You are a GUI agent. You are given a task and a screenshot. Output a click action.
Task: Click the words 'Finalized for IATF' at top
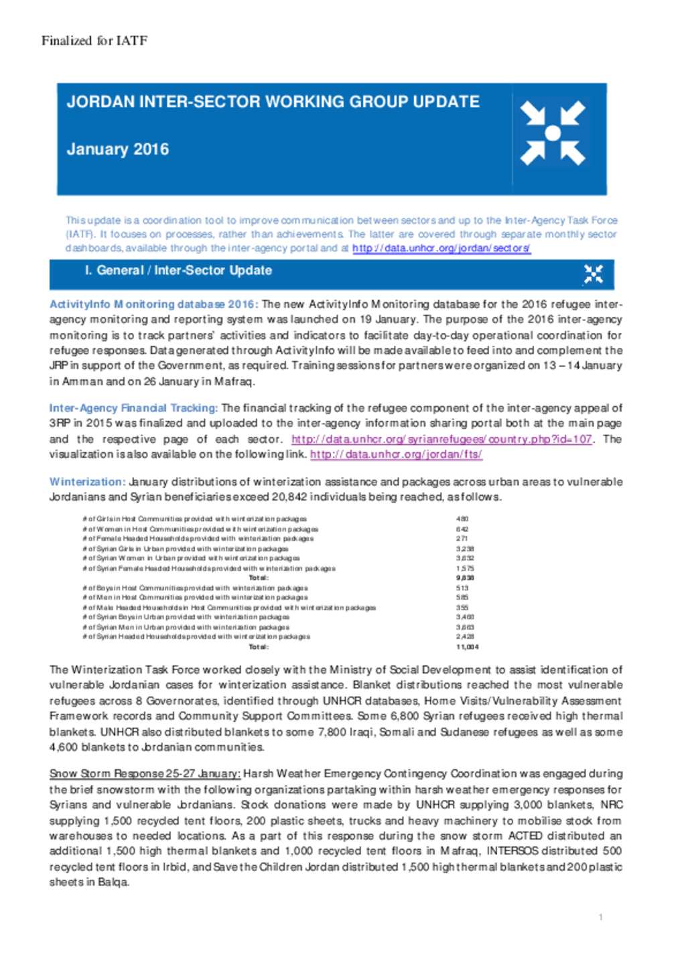click(x=94, y=41)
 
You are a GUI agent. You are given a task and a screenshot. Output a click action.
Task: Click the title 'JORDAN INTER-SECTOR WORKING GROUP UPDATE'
click(x=273, y=102)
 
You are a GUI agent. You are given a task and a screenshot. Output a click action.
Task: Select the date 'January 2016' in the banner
click(x=118, y=149)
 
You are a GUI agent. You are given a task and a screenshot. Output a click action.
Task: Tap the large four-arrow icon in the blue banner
click(x=553, y=133)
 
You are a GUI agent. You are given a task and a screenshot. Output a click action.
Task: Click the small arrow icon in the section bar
click(x=593, y=274)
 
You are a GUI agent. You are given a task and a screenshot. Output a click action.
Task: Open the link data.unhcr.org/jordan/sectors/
click(x=441, y=249)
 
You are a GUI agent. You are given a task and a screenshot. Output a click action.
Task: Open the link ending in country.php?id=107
click(x=441, y=440)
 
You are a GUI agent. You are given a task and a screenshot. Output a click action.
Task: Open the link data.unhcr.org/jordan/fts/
click(x=396, y=454)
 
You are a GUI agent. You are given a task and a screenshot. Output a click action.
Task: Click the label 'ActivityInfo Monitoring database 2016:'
click(x=153, y=304)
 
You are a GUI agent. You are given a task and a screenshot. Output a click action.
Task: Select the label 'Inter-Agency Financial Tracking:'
click(x=133, y=408)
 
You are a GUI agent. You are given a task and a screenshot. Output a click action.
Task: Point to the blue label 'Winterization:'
click(x=87, y=482)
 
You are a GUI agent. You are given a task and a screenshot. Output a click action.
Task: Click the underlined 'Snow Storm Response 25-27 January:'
click(x=145, y=774)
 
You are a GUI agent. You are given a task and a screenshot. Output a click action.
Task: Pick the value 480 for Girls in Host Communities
click(x=462, y=519)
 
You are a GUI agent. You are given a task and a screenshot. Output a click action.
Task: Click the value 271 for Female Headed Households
click(x=462, y=539)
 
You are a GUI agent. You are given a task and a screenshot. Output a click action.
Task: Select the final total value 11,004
click(x=467, y=647)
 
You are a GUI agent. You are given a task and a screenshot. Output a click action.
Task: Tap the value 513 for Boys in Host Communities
click(x=462, y=588)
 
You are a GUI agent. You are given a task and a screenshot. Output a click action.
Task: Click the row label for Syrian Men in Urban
click(x=186, y=628)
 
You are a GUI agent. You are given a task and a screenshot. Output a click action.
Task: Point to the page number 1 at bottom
click(x=601, y=917)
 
